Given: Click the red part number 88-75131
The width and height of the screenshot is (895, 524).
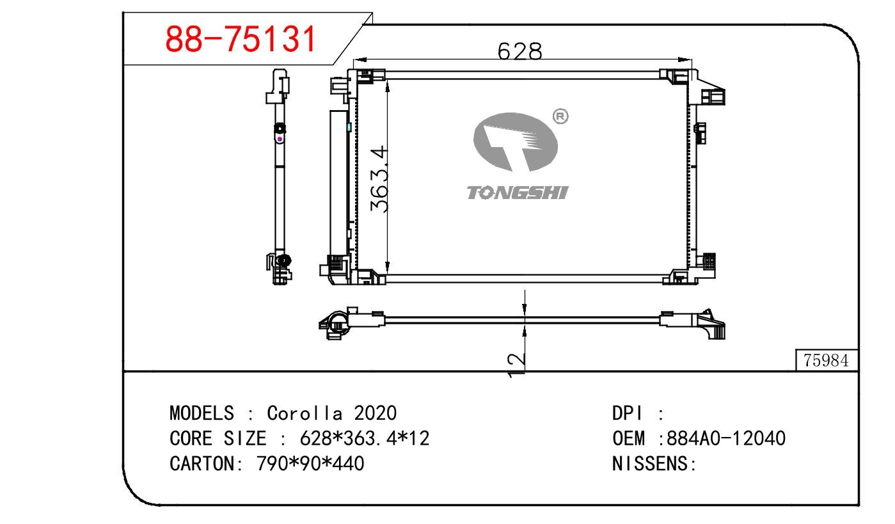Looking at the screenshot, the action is click(x=241, y=39).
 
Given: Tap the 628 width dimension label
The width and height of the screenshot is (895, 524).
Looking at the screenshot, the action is click(x=519, y=51).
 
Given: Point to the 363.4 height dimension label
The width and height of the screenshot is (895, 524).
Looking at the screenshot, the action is click(x=379, y=179).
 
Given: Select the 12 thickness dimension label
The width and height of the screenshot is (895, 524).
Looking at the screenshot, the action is click(x=516, y=365).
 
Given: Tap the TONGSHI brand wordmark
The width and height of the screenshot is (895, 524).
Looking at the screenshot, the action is click(x=518, y=193).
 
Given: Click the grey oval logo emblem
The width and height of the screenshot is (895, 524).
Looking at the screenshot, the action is click(x=516, y=142).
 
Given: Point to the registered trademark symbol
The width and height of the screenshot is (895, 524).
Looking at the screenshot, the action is click(x=560, y=116).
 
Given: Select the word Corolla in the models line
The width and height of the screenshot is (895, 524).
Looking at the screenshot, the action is click(x=305, y=413).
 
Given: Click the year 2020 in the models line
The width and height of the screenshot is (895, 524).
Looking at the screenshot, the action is click(x=375, y=413).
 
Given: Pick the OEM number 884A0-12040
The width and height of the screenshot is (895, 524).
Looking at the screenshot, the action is click(x=726, y=438).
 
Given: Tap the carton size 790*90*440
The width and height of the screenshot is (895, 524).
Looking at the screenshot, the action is click(x=310, y=464).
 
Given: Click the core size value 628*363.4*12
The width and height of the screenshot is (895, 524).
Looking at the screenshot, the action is click(x=365, y=438).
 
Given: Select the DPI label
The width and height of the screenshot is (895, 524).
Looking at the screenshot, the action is click(x=628, y=413).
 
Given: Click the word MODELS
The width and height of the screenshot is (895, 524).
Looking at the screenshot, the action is click(x=202, y=413).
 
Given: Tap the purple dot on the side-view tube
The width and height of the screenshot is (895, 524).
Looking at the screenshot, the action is click(x=280, y=139).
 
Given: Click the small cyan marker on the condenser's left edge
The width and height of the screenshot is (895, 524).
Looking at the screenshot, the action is click(x=349, y=127).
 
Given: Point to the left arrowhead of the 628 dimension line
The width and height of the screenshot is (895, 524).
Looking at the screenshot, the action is click(x=360, y=60).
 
